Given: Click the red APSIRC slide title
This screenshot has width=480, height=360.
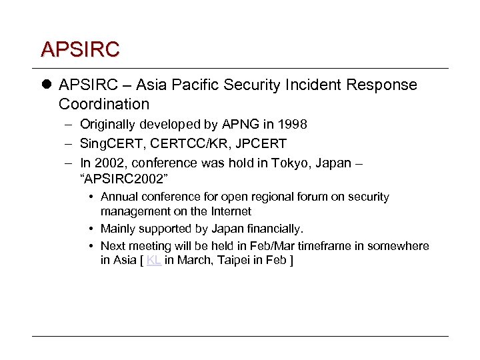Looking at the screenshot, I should click(x=79, y=49).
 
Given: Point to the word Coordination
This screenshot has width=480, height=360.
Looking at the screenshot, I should click(x=104, y=104).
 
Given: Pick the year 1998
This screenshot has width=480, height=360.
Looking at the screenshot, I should click(x=293, y=124).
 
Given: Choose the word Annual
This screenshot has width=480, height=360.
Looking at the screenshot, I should click(x=119, y=197).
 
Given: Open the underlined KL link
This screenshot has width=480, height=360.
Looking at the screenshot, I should click(x=153, y=260).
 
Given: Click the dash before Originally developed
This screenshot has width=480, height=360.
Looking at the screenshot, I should click(x=70, y=124).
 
